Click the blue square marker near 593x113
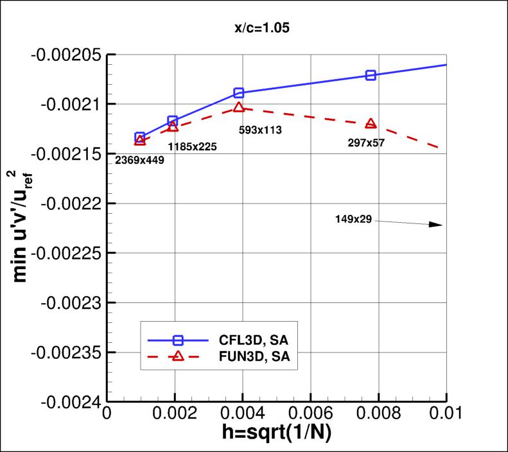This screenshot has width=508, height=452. [239, 93]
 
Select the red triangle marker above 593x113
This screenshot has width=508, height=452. [239, 107]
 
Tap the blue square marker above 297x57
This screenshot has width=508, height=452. [371, 75]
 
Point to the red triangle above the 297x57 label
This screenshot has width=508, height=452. [371, 123]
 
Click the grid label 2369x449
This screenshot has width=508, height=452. [139, 160]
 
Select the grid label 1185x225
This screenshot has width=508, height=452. [192, 146]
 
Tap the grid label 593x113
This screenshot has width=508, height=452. [260, 130]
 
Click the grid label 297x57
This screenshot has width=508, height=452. [365, 143]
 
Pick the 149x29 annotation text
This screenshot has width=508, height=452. [353, 219]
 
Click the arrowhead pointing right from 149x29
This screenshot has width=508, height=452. [436, 225]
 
